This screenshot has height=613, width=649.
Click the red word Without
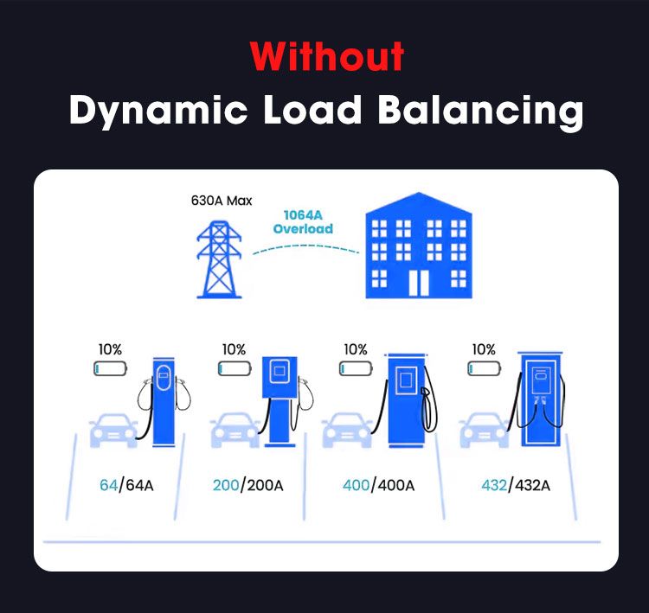click(x=327, y=58)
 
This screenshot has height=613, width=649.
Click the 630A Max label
click(x=221, y=201)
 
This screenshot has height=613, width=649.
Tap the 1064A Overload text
click(x=303, y=222)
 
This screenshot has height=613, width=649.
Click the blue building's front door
click(x=420, y=278)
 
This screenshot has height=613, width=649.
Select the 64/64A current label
click(x=126, y=484)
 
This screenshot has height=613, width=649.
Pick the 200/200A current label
click(x=247, y=484)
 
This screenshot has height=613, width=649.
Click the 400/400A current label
click(x=378, y=484)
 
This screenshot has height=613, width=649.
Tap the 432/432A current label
click(x=515, y=484)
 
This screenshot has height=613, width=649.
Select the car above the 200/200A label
click(x=235, y=429)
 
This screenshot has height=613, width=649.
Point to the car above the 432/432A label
click(x=484, y=429)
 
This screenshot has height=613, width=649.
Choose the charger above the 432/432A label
click(x=541, y=398)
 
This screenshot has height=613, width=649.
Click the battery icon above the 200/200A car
click(x=234, y=369)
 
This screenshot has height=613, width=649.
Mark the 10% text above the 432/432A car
click(x=483, y=349)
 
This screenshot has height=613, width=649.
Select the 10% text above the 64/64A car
click(x=110, y=349)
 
